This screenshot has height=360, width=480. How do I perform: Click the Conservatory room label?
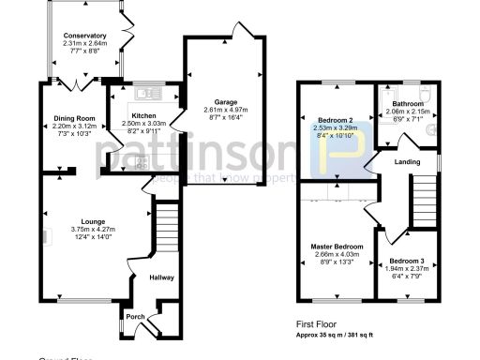(85, 36)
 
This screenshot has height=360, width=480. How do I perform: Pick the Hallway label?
(162, 277)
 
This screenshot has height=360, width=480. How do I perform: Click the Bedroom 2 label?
(333, 121)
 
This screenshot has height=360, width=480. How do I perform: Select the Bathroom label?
(408, 104)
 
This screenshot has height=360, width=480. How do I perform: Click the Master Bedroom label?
(336, 247)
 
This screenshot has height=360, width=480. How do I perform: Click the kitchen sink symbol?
(147, 93)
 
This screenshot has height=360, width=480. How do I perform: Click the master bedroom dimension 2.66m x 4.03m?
(336, 255)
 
